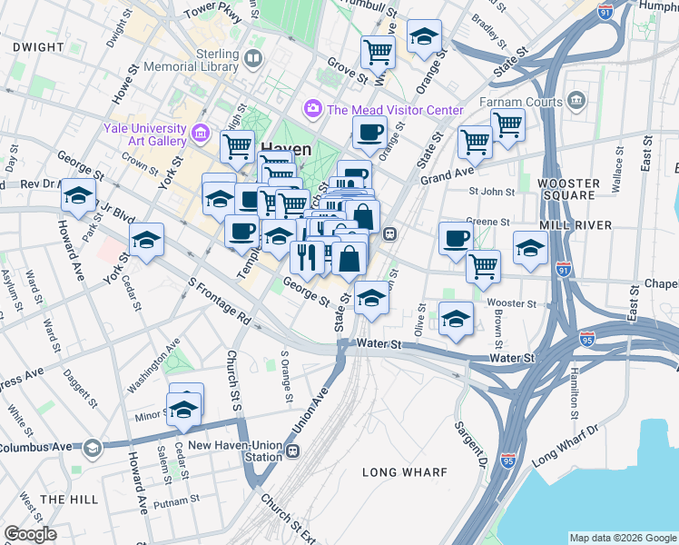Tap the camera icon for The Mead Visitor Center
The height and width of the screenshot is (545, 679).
pos(313,109)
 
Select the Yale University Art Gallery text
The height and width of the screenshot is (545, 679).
pos(144,134)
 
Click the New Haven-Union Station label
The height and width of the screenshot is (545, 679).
pos(236,451)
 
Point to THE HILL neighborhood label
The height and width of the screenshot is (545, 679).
pos(68,500)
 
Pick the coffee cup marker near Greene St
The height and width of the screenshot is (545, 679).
pos(456,238)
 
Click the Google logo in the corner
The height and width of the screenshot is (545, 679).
pos(30,534)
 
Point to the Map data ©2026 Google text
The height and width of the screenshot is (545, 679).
pos(622,538)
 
